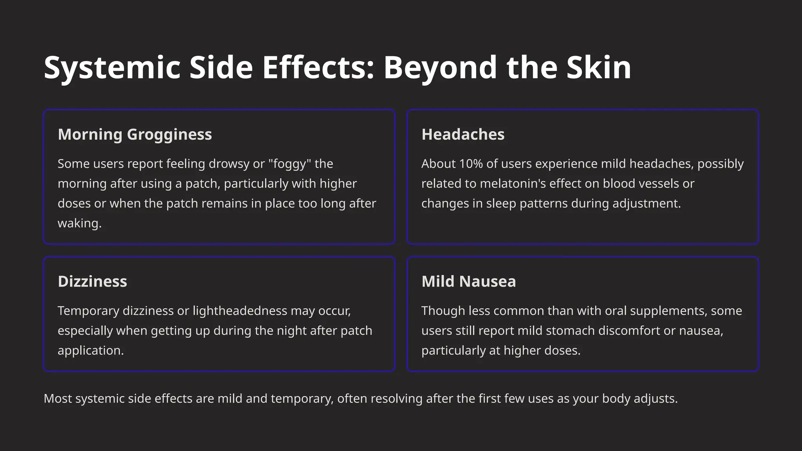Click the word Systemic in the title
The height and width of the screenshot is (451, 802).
point(112,67)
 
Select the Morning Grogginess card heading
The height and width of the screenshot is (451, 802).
point(135,134)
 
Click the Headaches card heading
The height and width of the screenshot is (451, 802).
point(463,134)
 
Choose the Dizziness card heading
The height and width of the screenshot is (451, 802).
point(92,281)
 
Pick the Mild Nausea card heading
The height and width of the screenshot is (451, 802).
point(469,281)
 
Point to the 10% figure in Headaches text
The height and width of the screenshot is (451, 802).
point(471,164)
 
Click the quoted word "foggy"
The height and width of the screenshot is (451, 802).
point(289,164)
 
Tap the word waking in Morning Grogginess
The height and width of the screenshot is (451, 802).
point(79,223)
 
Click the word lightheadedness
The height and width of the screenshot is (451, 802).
point(240,311)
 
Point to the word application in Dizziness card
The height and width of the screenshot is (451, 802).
point(90,350)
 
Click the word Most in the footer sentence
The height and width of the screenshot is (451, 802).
point(58,399)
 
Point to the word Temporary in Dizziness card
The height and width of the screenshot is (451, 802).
point(88,311)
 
